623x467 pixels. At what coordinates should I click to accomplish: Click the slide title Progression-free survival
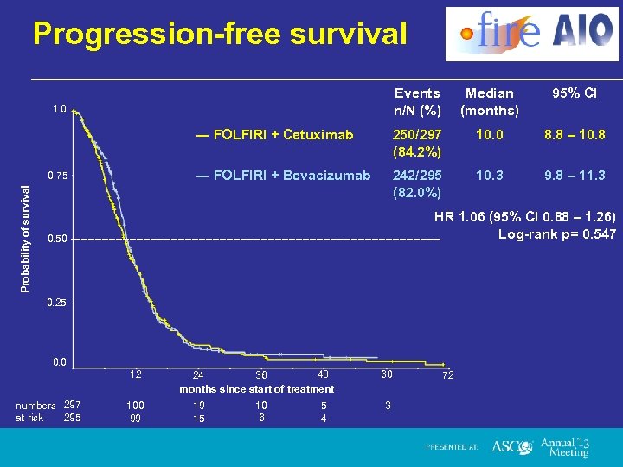coord(219,34)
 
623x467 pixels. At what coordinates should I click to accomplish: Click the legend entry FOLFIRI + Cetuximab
coord(274,135)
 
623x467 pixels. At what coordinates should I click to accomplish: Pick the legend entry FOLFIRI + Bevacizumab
coord(283,176)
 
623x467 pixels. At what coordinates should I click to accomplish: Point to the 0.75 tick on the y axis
coord(59,176)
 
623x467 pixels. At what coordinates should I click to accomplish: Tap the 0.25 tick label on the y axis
coord(59,303)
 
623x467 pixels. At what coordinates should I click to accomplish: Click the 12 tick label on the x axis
coord(135,374)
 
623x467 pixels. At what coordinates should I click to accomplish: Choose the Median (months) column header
coord(489,101)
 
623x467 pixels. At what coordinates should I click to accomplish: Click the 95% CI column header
coord(575,93)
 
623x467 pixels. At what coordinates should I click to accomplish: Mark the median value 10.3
coord(489,176)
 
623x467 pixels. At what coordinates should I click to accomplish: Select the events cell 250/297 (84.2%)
coord(417,144)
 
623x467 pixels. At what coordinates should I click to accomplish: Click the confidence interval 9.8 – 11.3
coord(575,176)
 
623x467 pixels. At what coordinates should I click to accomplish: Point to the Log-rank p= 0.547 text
coord(557,234)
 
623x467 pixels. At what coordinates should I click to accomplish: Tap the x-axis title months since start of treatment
coord(256,389)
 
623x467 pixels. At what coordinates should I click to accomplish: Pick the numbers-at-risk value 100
coord(135,405)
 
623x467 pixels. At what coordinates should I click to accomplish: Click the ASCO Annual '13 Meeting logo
coord(540,446)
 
